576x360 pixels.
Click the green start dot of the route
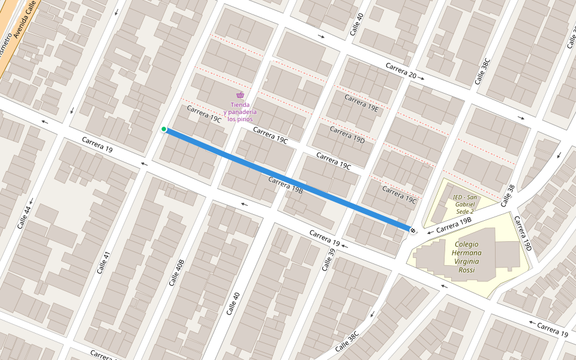(x=164, y=129)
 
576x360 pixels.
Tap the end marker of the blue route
(x=412, y=230)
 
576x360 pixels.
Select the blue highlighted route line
(x=288, y=179)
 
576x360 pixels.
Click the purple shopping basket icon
(x=240, y=95)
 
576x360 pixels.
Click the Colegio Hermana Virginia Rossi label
(x=467, y=257)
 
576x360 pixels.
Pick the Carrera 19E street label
(x=361, y=103)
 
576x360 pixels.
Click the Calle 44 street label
(x=23, y=215)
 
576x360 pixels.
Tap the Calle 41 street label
(x=103, y=262)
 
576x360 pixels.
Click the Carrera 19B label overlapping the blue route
(x=286, y=184)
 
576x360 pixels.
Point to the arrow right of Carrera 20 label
(x=422, y=78)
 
